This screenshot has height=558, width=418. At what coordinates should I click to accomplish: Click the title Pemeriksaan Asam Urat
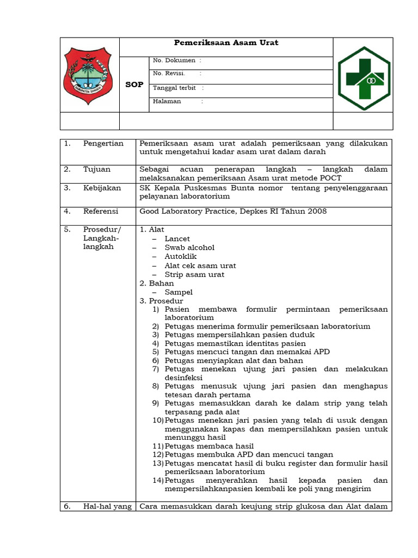226,43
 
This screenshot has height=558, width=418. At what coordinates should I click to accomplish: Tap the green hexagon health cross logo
364,77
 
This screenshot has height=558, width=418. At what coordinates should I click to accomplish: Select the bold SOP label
134,84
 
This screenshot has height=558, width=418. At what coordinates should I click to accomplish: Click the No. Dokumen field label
174,60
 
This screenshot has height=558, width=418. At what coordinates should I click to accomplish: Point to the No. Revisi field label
169,74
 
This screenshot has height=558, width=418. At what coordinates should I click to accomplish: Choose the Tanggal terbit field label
175,88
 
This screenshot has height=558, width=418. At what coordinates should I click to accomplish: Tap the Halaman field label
167,101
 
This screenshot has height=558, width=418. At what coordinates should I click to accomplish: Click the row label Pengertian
103,143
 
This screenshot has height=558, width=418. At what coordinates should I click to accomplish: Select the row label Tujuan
97,169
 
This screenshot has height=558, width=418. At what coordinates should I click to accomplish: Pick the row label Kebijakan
102,188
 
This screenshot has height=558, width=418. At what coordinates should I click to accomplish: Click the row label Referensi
101,211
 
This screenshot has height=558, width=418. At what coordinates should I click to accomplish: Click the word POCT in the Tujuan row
330,178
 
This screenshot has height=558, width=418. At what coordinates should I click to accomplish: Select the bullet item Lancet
177,239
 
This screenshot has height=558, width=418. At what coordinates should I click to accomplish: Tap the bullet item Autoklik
181,257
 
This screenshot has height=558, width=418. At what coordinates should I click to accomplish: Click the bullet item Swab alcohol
189,247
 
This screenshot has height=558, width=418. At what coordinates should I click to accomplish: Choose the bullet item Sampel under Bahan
179,292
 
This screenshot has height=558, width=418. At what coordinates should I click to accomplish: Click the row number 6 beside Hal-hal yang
67,506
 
